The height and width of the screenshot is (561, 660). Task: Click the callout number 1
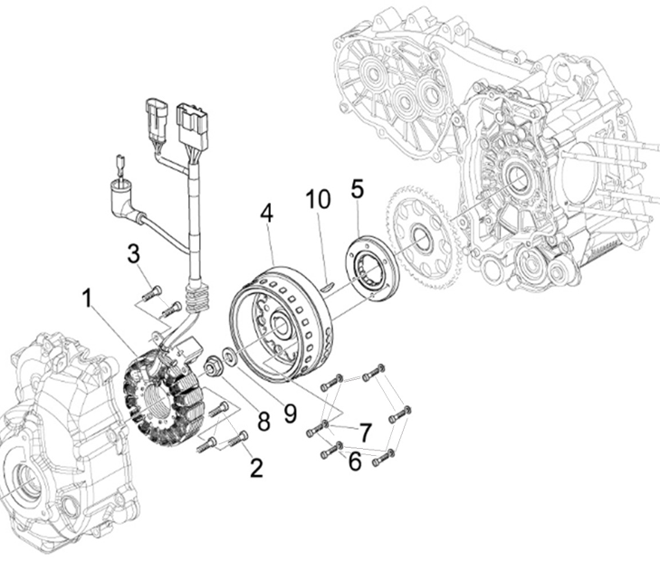pos(88,298)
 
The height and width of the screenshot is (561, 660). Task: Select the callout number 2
pos(256,467)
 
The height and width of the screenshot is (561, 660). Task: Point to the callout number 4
pos(266,214)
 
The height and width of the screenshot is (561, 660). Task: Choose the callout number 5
pos(358,189)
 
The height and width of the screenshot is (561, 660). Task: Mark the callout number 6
pos(354,461)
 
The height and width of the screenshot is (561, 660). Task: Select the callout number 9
pos(289,413)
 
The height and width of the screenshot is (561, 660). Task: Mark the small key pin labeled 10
pos(327,288)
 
